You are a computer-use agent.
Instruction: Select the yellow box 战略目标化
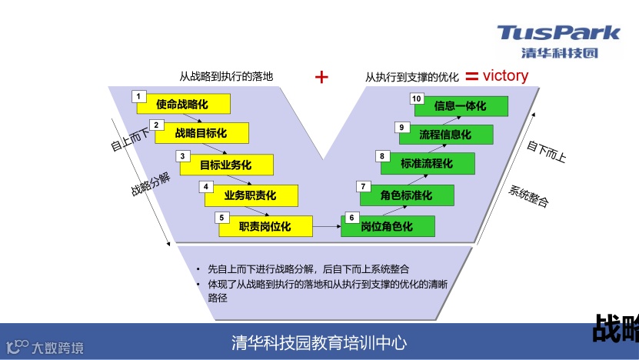click(202, 133)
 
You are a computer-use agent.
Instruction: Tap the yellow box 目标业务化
click(226, 165)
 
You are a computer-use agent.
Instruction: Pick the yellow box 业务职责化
click(251, 195)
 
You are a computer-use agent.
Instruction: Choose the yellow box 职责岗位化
click(265, 226)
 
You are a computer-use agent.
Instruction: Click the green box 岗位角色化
click(388, 226)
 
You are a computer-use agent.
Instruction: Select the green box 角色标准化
click(407, 195)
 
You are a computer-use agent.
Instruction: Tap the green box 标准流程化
click(428, 164)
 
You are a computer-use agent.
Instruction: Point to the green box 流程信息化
click(446, 135)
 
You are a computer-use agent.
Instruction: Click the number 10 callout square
click(416, 98)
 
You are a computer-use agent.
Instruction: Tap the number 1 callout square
click(138, 96)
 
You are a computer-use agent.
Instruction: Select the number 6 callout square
click(351, 218)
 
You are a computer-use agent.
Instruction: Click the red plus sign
click(322, 76)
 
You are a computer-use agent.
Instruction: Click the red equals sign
click(471, 75)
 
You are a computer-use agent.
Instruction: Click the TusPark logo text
click(558, 33)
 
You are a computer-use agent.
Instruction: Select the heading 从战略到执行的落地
click(226, 76)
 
